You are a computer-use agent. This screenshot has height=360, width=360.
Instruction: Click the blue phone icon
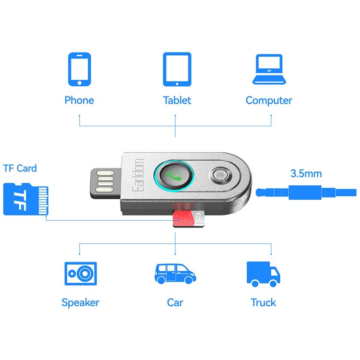79,69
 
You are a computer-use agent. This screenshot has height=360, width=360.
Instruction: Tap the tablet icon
177,69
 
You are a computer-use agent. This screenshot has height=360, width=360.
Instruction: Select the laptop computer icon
269,69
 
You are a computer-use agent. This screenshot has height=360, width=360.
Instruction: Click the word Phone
79,100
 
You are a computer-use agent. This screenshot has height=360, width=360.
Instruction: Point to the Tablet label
177,100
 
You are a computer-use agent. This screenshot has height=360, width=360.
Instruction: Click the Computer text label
269,101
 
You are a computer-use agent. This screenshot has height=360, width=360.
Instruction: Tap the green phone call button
174,176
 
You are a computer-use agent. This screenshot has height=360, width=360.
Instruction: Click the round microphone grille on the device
220,175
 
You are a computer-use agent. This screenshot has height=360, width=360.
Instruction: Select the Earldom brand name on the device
138,175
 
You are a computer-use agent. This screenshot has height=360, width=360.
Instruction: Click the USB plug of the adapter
106,183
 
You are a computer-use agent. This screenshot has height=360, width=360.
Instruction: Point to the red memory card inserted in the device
188,218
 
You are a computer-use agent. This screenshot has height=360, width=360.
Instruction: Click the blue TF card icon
26,199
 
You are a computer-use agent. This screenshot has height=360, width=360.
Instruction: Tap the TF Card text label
20,168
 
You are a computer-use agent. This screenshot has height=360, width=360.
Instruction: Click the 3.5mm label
306,174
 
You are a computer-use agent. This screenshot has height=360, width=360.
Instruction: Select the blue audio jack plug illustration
306,192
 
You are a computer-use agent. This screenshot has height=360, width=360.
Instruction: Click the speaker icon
81,274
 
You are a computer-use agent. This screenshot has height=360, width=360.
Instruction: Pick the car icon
175,274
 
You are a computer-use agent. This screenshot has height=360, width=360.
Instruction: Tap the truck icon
264,274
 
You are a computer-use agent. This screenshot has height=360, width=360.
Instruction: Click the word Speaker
80,302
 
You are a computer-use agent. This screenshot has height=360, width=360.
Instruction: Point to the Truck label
263,302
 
